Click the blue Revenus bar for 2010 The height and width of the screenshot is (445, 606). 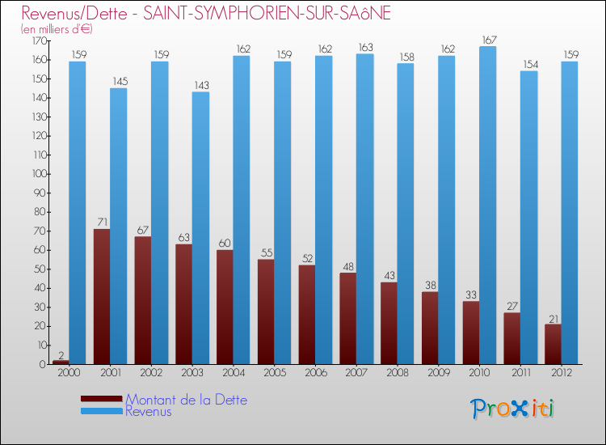[x=487, y=206]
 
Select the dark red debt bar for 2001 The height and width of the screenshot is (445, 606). [x=102, y=296]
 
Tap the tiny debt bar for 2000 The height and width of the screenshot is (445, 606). [x=61, y=362]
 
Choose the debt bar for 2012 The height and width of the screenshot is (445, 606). [x=553, y=344]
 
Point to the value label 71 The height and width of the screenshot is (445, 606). [x=102, y=222]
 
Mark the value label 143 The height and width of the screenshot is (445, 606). [x=200, y=85]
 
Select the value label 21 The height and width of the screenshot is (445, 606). [x=553, y=317]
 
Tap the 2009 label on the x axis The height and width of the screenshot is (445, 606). [x=438, y=373]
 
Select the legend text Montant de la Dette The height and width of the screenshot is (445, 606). [x=186, y=400]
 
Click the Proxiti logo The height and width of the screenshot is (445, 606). [x=513, y=409]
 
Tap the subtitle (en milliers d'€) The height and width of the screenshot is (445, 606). [x=57, y=29]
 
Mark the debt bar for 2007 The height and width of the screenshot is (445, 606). [x=348, y=318]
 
